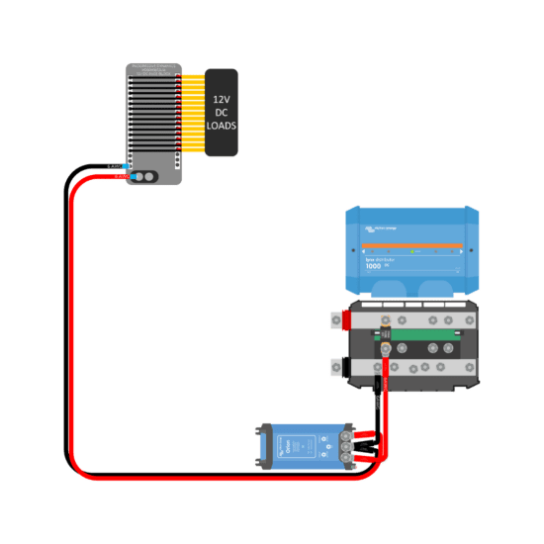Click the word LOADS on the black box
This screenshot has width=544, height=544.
[221, 127]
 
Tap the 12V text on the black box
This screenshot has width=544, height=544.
[221, 100]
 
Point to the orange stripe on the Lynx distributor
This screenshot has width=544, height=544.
[412, 245]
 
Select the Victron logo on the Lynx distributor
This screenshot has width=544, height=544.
[380, 228]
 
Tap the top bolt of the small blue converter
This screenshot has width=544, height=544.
[345, 433]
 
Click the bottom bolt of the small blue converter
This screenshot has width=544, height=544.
[345, 458]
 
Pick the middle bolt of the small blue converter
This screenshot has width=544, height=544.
[345, 445]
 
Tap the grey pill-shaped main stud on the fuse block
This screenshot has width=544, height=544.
[145, 176]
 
